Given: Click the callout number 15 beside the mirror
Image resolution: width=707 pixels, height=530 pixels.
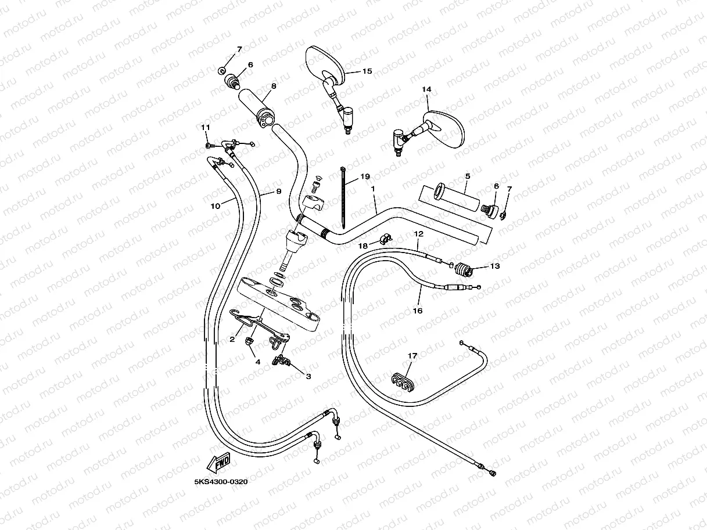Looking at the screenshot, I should (367, 71).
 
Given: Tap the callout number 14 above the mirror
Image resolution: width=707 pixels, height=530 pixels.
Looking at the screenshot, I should (427, 89).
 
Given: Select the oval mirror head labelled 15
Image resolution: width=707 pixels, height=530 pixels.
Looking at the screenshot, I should (321, 62).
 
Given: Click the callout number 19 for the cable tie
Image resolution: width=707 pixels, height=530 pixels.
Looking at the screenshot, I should (364, 176).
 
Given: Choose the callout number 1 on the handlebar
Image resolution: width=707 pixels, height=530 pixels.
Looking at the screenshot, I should (372, 189).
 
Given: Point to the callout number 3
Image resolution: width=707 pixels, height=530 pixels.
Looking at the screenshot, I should (308, 376).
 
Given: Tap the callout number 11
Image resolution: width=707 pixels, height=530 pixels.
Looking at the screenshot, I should (204, 128).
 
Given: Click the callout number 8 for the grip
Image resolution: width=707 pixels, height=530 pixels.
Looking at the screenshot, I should (273, 86).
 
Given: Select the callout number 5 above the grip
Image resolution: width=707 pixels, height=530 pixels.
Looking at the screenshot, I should (467, 175).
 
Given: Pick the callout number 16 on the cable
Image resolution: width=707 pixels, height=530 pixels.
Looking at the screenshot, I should (417, 311).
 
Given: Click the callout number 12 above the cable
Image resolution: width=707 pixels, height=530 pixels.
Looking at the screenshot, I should (418, 233).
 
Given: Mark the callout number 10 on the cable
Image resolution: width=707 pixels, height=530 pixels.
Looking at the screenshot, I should (214, 205).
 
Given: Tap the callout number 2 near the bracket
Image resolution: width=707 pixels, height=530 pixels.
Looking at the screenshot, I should (232, 340).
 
